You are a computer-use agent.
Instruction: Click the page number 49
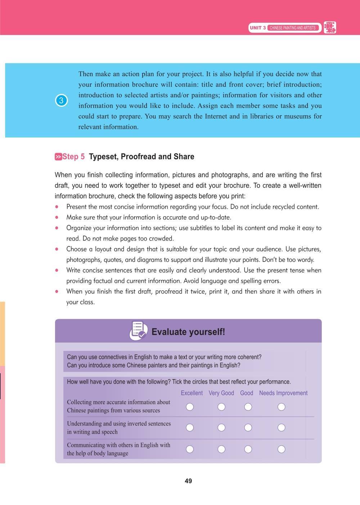(x=188, y=481)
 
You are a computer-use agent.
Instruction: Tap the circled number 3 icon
(x=61, y=100)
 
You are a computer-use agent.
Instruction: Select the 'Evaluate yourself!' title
(x=188, y=332)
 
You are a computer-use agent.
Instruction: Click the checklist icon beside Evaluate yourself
(x=138, y=331)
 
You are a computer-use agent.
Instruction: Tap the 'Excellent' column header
(x=192, y=393)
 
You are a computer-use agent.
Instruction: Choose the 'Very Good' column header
(x=221, y=393)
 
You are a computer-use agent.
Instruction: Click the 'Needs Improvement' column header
(x=283, y=393)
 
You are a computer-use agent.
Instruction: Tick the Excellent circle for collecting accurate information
(x=190, y=407)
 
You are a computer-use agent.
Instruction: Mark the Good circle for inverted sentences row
(x=248, y=428)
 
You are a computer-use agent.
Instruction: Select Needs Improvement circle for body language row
(x=281, y=449)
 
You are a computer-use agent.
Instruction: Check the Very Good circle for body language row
(x=221, y=449)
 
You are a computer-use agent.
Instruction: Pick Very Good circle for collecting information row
(x=221, y=407)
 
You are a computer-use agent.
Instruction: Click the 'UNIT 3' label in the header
(x=258, y=28)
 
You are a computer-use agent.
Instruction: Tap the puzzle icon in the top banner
(x=330, y=27)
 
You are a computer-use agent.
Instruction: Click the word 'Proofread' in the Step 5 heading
(x=138, y=157)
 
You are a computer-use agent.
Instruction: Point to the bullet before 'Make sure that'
(x=57, y=218)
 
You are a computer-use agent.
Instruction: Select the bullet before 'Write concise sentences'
(x=57, y=270)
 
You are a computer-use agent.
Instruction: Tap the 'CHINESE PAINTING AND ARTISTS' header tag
(x=292, y=28)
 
